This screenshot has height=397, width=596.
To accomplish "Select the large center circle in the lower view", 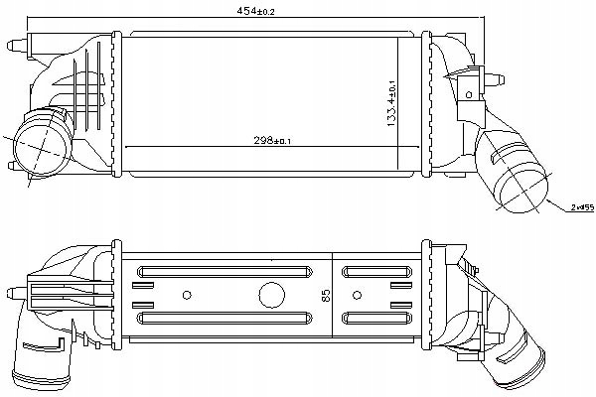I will [270, 295].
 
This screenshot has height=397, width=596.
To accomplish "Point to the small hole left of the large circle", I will [189, 295].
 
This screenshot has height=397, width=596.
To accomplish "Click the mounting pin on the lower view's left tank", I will [12, 292].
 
